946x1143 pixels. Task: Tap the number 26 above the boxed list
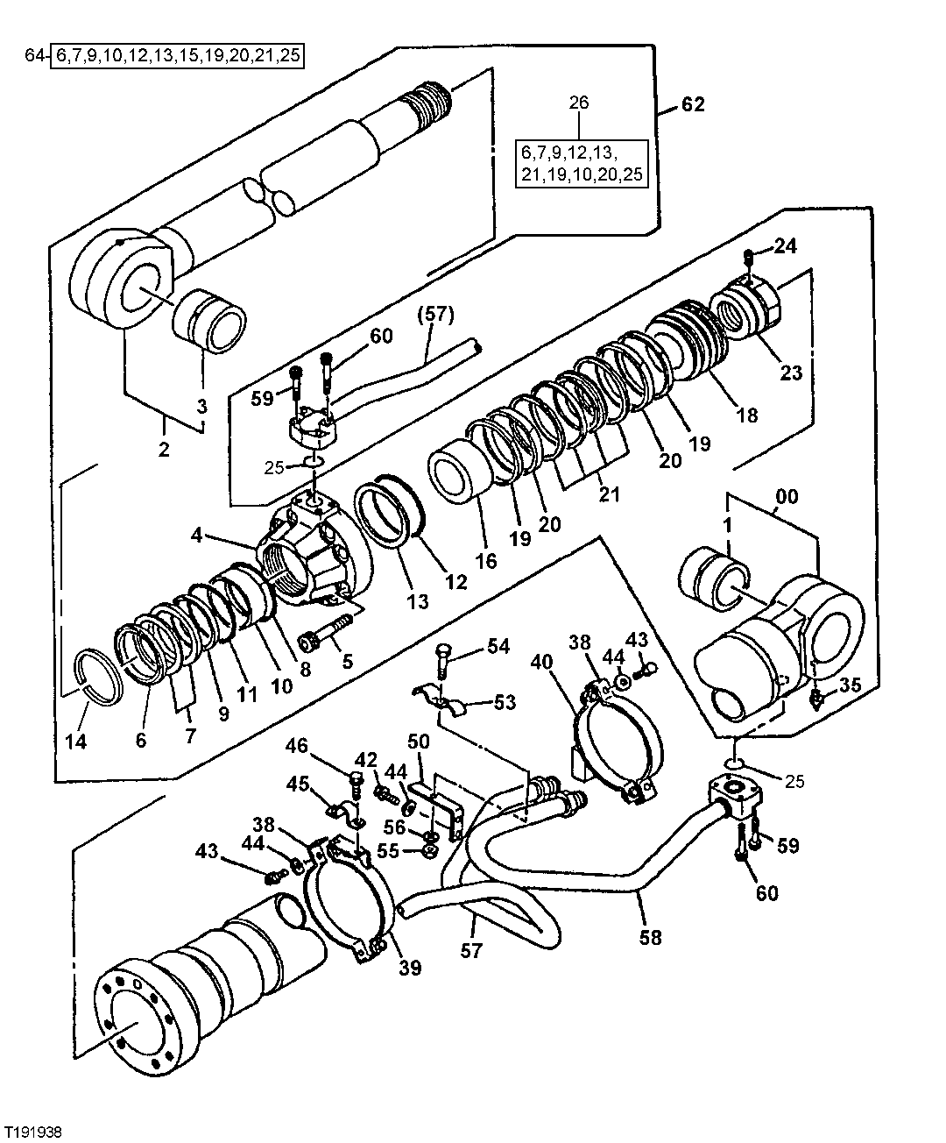point(579,103)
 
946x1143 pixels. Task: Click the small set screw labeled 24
point(750,256)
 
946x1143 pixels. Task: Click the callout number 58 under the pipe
point(650,937)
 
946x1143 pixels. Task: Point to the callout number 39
point(410,968)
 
